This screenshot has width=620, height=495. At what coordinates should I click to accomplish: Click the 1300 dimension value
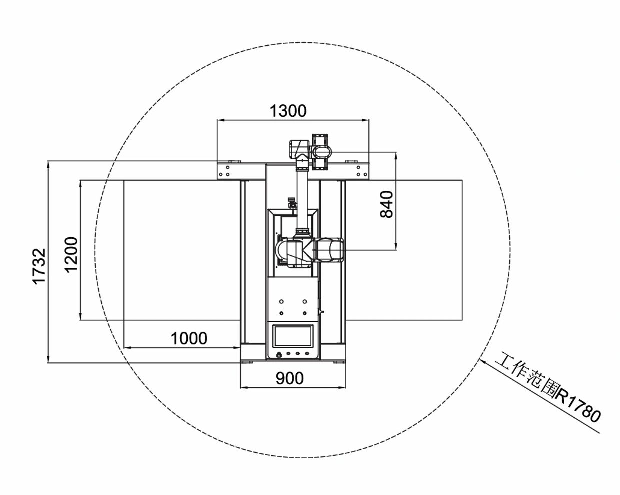click(x=288, y=111)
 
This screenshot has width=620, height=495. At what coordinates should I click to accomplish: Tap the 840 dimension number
click(x=386, y=204)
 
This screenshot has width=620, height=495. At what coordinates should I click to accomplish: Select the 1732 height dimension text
click(x=39, y=266)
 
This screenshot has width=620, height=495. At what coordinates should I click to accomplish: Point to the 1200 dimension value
click(x=71, y=254)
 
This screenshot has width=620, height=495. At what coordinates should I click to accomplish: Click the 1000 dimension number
click(x=189, y=338)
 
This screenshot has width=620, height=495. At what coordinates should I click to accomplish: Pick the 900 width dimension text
click(x=290, y=378)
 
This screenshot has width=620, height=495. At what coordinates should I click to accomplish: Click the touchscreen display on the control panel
click(x=293, y=335)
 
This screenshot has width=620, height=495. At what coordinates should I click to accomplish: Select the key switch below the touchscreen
click(x=279, y=355)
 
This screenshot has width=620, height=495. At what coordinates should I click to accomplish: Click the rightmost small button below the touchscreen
click(x=307, y=354)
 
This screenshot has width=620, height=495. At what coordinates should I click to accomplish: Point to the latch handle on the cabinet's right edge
click(x=321, y=311)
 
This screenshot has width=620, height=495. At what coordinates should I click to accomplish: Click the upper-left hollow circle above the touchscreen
click(x=281, y=301)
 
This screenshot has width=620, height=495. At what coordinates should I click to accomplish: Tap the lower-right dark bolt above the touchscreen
click(x=305, y=313)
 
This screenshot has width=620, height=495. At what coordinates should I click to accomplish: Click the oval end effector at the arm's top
click(x=322, y=150)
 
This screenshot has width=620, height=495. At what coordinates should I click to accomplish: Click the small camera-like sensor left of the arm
click(x=292, y=203)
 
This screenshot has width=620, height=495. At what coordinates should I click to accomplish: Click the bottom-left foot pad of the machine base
click(x=247, y=362)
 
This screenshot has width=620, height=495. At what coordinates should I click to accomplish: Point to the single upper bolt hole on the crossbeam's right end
click(x=358, y=167)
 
